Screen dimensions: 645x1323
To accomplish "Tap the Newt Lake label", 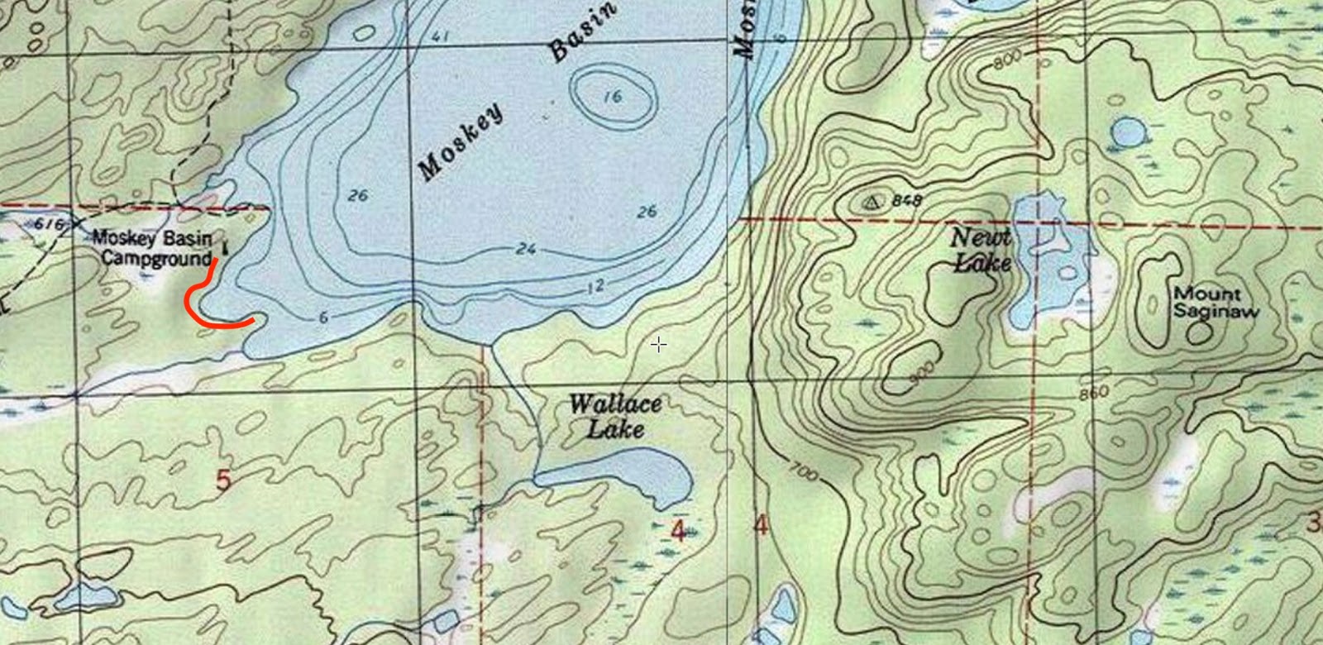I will point(982,250).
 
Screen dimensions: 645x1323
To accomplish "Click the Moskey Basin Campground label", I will point(153,247).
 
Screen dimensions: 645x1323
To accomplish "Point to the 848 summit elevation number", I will point(907,201).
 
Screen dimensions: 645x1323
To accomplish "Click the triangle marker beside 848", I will point(873,201).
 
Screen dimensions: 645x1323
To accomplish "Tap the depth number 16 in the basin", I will point(613,97).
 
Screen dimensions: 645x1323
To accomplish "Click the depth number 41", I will point(440,36).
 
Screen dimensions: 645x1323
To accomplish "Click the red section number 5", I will point(222,480).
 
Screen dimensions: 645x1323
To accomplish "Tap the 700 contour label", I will point(803,472).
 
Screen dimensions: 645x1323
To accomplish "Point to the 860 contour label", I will point(1093,394).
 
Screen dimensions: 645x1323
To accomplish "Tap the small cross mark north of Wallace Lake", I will point(658,344).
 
